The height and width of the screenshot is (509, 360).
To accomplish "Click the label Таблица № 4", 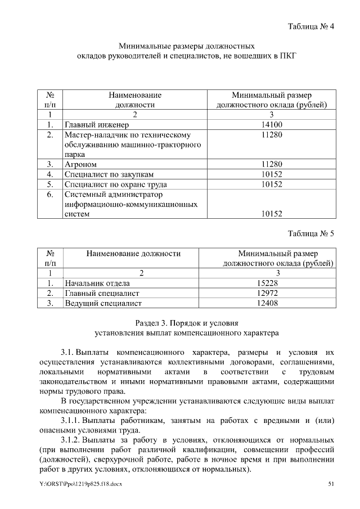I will tap(311, 26).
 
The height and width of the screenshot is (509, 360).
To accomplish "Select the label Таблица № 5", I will tap(311, 234).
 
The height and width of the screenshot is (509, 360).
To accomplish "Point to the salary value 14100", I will tap(272, 125).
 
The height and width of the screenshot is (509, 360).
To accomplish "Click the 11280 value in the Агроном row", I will tap(272, 164).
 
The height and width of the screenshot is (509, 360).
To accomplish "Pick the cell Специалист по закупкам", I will tap(109, 174).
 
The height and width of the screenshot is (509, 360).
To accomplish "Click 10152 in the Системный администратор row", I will tap(272, 214).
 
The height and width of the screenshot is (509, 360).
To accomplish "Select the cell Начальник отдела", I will tap(97, 283).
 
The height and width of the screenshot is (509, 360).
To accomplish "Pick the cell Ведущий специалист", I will tap(103, 303).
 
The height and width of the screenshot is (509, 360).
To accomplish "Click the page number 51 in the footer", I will tap(331, 484).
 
